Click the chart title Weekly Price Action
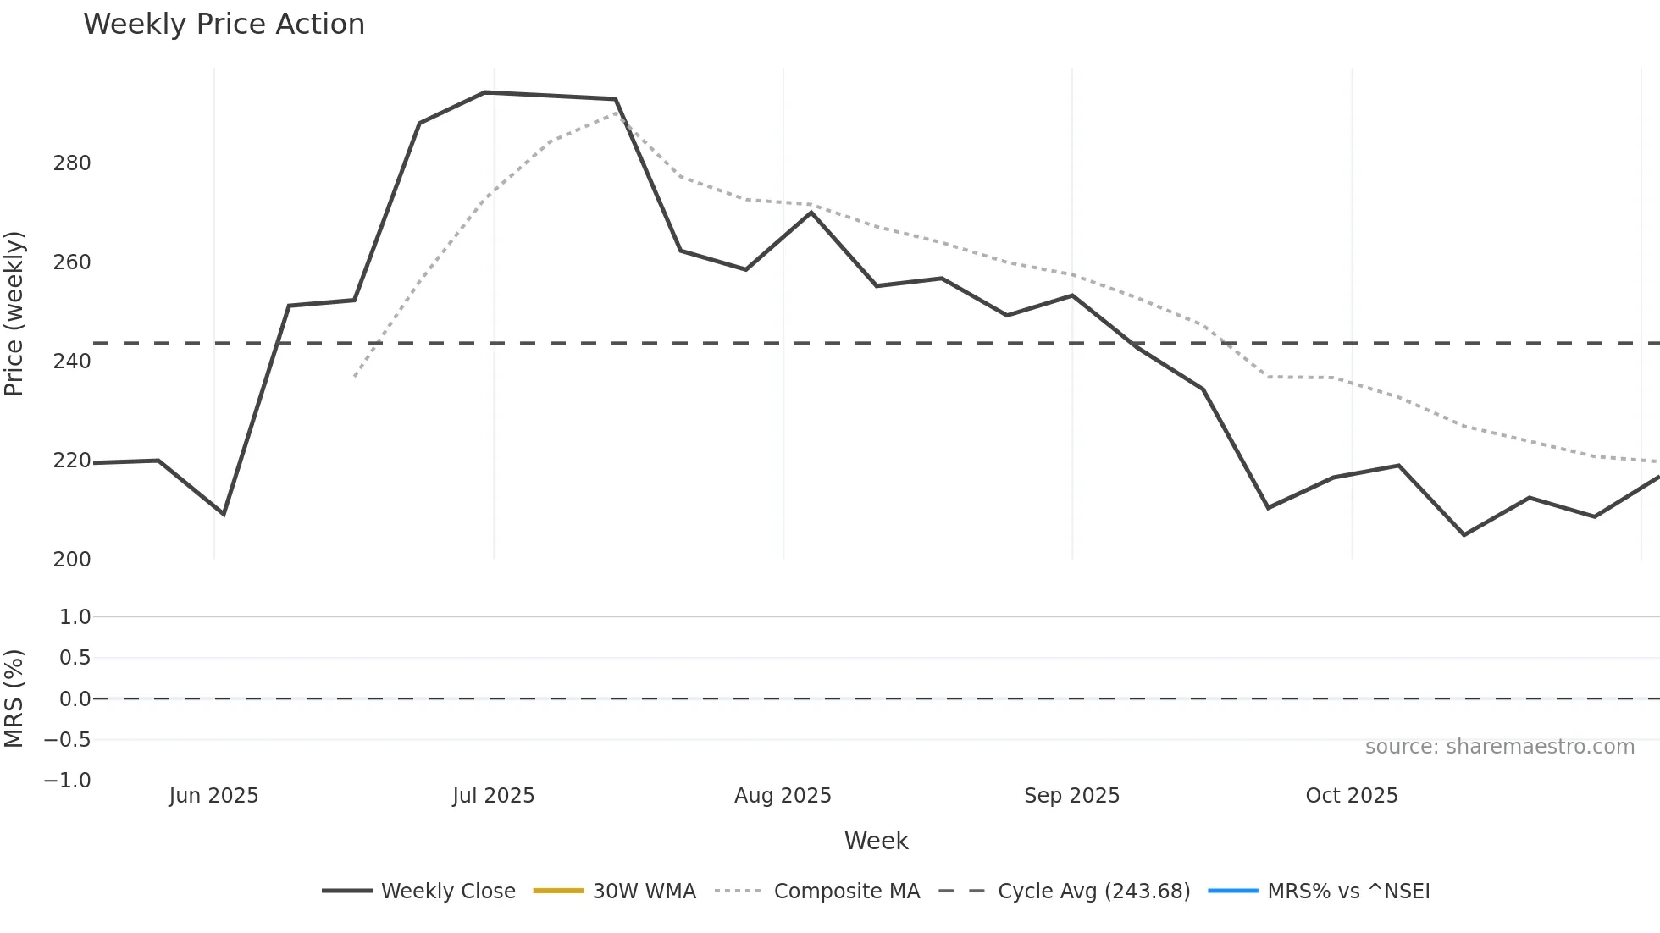pyautogui.click(x=224, y=25)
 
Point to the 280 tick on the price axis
pyautogui.click(x=72, y=163)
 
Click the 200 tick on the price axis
pyautogui.click(x=72, y=560)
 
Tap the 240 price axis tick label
pyautogui.click(x=72, y=362)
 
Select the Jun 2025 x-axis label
pyautogui.click(x=213, y=796)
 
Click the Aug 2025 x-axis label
pyautogui.click(x=783, y=796)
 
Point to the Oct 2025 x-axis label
pyautogui.click(x=1352, y=796)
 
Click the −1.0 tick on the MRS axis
pyautogui.click(x=68, y=781)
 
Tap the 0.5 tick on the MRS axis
pyautogui.click(x=75, y=658)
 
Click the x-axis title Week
pyautogui.click(x=876, y=841)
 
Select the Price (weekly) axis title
pyautogui.click(x=14, y=313)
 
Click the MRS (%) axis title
pyautogui.click(x=14, y=698)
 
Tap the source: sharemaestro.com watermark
pyautogui.click(x=1499, y=747)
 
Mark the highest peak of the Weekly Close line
pyautogui.click(x=484, y=92)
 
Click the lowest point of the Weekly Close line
pyautogui.click(x=1464, y=535)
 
